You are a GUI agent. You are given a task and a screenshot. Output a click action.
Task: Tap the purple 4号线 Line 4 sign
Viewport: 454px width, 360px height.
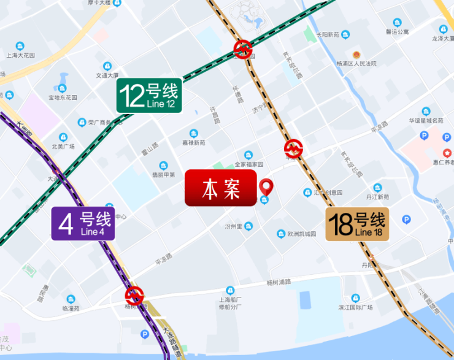click(83, 223)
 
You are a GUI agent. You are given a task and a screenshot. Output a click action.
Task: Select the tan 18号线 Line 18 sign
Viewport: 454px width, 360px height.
click(357, 224)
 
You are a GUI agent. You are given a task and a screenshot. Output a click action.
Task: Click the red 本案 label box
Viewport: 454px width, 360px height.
click(220, 188)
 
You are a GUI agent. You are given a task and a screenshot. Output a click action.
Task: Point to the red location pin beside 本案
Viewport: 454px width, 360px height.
click(266, 186)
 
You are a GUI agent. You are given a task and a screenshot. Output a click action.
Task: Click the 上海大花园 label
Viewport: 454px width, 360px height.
click(20, 55)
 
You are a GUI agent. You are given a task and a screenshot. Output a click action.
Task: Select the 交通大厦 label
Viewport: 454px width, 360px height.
click(107, 75)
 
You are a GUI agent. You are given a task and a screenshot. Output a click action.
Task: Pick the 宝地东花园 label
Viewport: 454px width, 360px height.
click(63, 97)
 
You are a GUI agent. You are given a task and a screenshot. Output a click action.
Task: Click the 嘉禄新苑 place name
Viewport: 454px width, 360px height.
click(193, 142)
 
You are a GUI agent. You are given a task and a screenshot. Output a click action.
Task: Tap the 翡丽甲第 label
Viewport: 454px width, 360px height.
click(164, 174)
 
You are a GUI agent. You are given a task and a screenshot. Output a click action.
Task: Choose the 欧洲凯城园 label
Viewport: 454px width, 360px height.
click(296, 234)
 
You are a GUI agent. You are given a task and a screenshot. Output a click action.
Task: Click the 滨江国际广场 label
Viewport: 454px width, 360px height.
click(355, 307)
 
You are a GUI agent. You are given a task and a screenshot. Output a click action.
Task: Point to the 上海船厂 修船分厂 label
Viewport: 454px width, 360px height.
click(231, 303)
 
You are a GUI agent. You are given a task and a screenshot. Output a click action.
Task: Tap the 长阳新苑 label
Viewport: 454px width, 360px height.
click(327, 34)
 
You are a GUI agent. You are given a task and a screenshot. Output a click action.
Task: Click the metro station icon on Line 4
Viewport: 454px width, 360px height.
click(134, 296)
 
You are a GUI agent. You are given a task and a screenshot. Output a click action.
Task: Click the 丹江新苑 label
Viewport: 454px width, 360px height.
click(377, 197)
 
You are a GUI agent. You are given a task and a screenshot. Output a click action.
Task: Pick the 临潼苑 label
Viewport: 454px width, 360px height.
click(72, 308)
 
